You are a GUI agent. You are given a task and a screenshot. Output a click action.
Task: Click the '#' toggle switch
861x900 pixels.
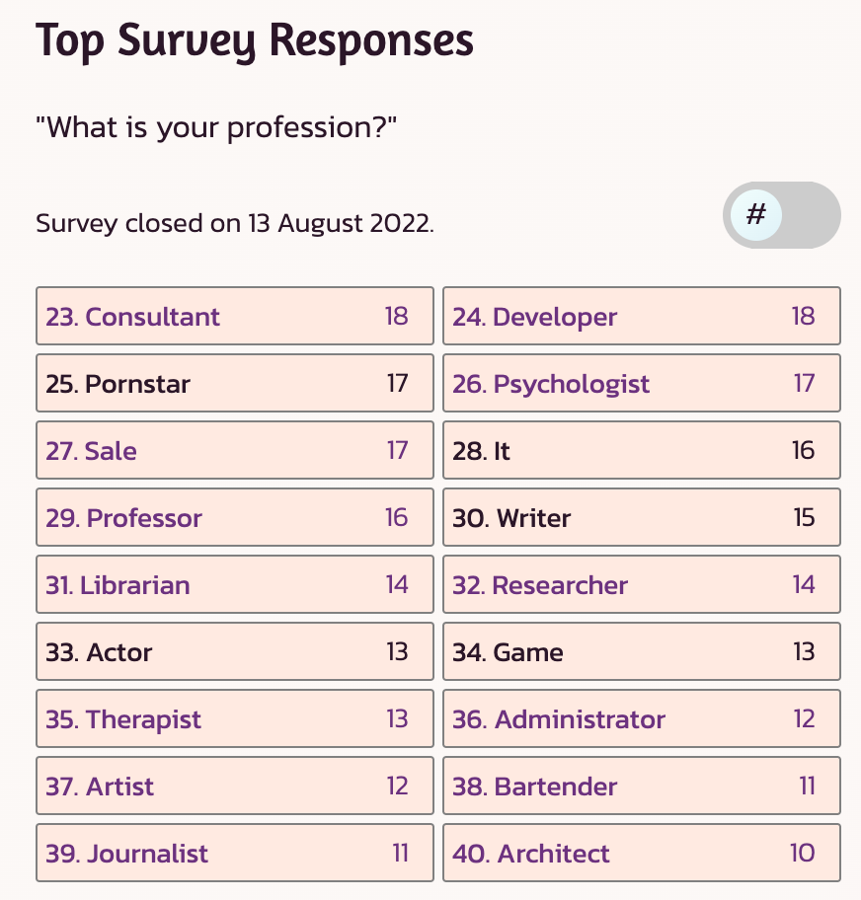781,215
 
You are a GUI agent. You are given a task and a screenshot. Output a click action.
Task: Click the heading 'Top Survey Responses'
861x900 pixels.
255,41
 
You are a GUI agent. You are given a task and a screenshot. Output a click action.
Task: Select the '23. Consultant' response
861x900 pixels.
133,317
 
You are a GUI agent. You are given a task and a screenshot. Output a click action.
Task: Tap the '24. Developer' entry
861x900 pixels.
534,317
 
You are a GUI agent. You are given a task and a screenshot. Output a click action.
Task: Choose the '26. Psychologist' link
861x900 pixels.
551,384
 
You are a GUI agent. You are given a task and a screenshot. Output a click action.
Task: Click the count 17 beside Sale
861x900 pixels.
397,451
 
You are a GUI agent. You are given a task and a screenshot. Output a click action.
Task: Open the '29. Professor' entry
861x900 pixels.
124,518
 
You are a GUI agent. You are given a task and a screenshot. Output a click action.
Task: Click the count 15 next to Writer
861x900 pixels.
804,518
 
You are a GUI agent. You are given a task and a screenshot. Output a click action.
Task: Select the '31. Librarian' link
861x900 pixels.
117,585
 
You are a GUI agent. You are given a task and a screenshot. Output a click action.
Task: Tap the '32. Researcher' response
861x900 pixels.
540,585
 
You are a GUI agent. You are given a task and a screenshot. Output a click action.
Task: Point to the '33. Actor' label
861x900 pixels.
99,652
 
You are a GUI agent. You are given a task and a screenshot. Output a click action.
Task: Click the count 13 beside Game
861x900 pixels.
804,652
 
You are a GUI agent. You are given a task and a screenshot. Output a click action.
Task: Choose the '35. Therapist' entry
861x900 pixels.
123,719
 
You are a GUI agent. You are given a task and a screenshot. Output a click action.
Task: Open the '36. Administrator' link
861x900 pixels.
559,719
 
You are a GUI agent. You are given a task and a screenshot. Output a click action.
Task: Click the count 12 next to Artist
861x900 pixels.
397,787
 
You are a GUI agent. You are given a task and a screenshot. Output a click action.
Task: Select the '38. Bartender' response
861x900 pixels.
535,787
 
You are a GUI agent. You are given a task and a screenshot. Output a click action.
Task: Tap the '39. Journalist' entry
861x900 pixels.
127,854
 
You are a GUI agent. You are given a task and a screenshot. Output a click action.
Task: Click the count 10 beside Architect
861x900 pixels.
802,854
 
